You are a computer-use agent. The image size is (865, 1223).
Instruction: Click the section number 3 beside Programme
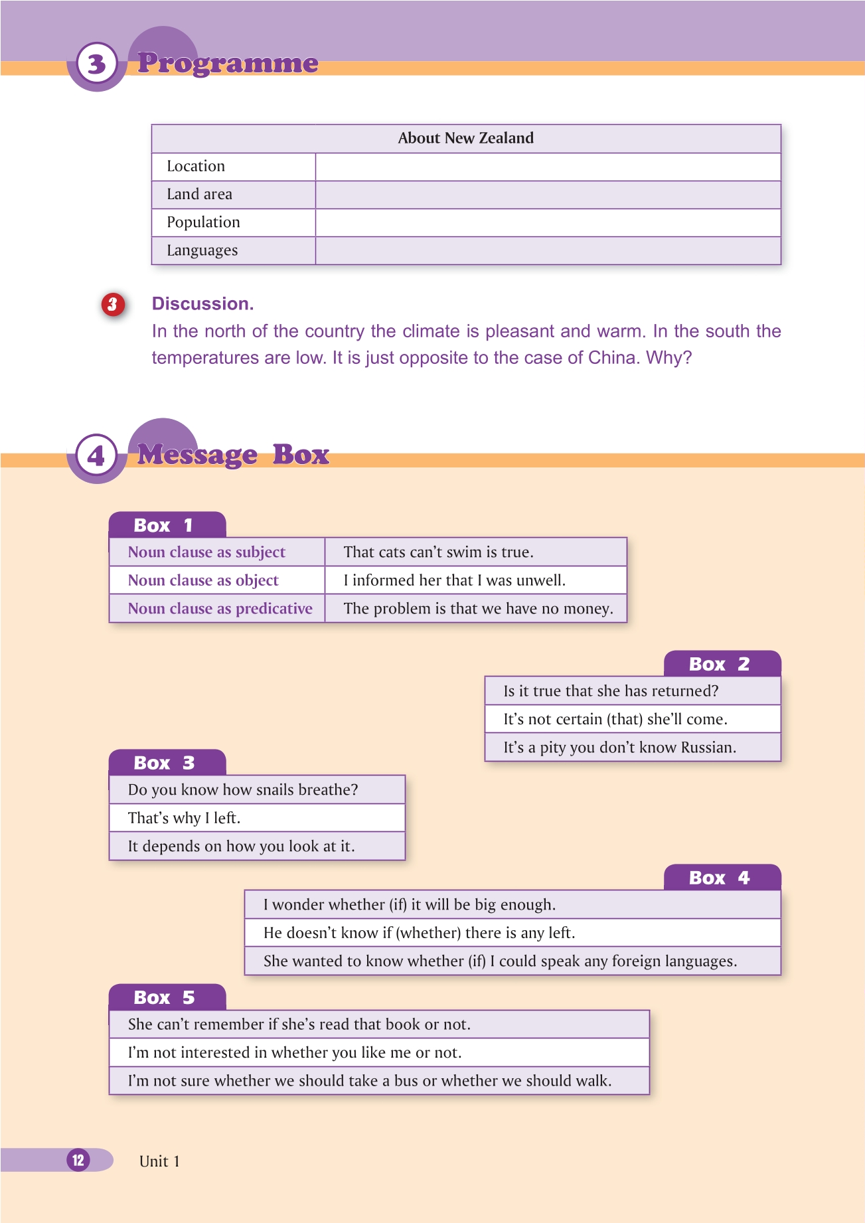pyautogui.click(x=97, y=64)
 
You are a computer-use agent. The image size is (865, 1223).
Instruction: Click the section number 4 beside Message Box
pyautogui.click(x=97, y=455)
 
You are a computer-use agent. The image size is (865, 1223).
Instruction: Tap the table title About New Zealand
pyautogui.click(x=465, y=138)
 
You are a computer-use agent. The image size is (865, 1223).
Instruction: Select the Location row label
pyautogui.click(x=196, y=166)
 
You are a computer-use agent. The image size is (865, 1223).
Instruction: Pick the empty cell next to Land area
pyautogui.click(x=548, y=195)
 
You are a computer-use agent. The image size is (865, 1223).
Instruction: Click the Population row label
pyautogui.click(x=203, y=222)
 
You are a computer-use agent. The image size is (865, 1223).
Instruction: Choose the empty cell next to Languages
pyautogui.click(x=548, y=251)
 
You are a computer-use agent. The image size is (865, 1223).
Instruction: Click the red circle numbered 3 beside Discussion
pyautogui.click(x=113, y=304)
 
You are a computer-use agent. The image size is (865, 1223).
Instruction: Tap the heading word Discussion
pyautogui.click(x=202, y=303)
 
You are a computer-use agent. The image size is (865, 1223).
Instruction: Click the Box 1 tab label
pyautogui.click(x=163, y=525)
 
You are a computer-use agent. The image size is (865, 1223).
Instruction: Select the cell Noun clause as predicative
pyautogui.click(x=220, y=609)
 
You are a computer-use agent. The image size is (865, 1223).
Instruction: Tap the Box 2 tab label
pyautogui.click(x=719, y=664)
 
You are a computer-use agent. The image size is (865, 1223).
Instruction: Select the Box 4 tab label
pyautogui.click(x=719, y=878)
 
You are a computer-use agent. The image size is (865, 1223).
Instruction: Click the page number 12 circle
pyautogui.click(x=78, y=1160)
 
